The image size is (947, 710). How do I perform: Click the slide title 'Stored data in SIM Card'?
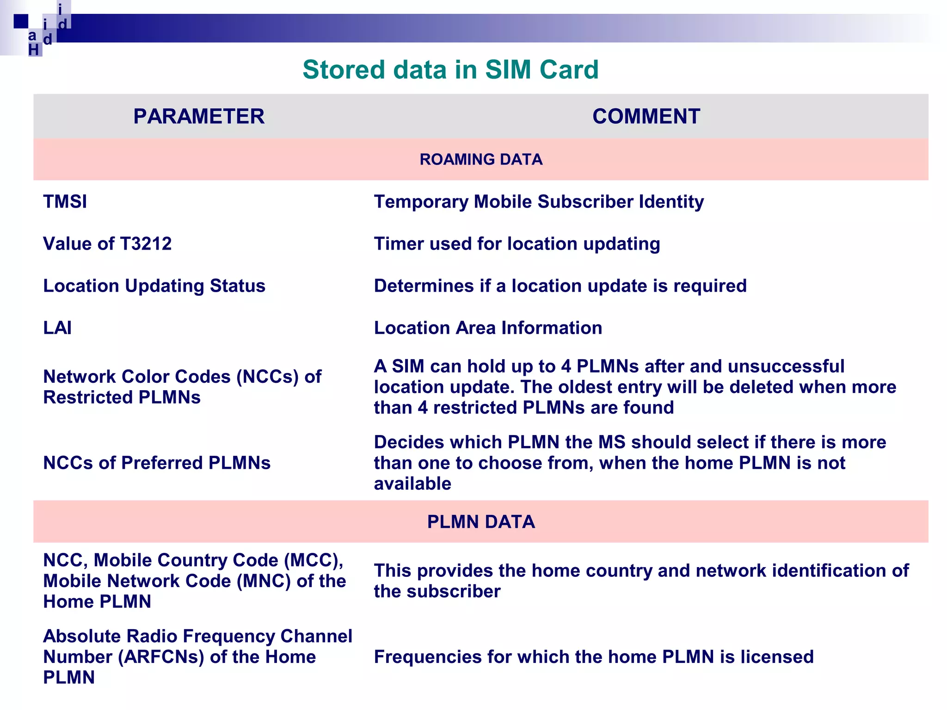click(450, 70)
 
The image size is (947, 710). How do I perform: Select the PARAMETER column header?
click(199, 116)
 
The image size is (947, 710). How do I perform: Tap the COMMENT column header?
click(646, 116)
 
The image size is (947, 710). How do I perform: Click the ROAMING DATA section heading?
click(481, 159)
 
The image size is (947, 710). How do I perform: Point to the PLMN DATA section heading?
click(481, 522)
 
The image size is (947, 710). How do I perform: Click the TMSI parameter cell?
click(65, 202)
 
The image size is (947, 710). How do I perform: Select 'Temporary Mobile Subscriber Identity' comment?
click(539, 202)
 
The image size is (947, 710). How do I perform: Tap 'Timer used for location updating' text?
click(517, 244)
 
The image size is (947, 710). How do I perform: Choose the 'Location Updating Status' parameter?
click(154, 286)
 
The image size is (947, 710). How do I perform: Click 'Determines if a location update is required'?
click(560, 286)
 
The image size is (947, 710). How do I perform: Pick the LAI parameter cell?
click(57, 328)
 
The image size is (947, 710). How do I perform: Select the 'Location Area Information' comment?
click(488, 328)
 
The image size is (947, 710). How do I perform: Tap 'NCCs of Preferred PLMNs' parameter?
click(157, 463)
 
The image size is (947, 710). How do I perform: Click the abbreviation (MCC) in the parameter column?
click(314, 560)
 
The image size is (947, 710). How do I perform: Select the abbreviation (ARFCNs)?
click(161, 657)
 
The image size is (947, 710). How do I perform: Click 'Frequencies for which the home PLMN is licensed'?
click(594, 657)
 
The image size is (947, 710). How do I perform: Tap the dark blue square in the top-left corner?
click(21, 21)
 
